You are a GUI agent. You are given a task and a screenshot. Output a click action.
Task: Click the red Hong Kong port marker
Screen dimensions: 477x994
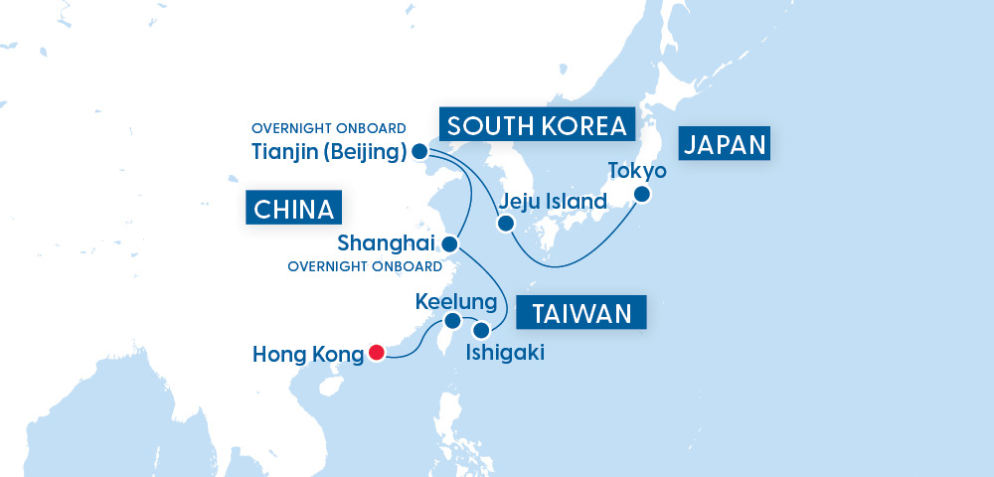[376, 352]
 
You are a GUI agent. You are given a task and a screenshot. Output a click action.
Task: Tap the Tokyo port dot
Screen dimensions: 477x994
[642, 195]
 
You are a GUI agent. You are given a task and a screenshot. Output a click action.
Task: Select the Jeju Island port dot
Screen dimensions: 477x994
[505, 223]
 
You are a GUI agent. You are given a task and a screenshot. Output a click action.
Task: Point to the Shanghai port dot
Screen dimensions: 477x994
[450, 243]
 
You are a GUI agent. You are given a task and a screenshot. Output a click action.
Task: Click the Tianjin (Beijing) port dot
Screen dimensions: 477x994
[419, 152]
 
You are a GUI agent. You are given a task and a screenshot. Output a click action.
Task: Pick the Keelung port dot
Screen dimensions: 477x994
[452, 320]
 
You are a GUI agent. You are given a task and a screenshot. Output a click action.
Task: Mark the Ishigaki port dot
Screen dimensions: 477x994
[481, 330]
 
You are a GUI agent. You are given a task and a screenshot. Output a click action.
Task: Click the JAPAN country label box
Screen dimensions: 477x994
[726, 145]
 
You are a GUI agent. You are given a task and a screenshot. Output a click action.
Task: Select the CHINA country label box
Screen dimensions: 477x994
[293, 210]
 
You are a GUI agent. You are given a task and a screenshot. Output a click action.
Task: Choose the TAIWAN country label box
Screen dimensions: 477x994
[582, 314]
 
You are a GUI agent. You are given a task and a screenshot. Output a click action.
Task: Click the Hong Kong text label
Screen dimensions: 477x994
[308, 353]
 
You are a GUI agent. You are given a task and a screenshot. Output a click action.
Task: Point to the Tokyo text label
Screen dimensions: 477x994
[638, 170]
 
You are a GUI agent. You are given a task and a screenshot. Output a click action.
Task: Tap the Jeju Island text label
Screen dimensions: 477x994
[554, 202]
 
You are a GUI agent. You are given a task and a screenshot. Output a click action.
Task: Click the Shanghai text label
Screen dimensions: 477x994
[387, 243]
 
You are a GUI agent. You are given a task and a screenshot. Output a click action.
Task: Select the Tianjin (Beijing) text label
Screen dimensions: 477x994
[329, 152]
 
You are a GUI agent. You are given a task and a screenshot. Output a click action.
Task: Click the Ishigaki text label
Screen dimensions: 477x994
[506, 352]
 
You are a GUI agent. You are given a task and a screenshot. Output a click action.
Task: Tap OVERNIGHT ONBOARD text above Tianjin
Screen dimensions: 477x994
[328, 128]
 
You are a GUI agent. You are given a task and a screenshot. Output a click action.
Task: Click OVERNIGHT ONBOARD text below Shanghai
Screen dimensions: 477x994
[365, 266]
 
